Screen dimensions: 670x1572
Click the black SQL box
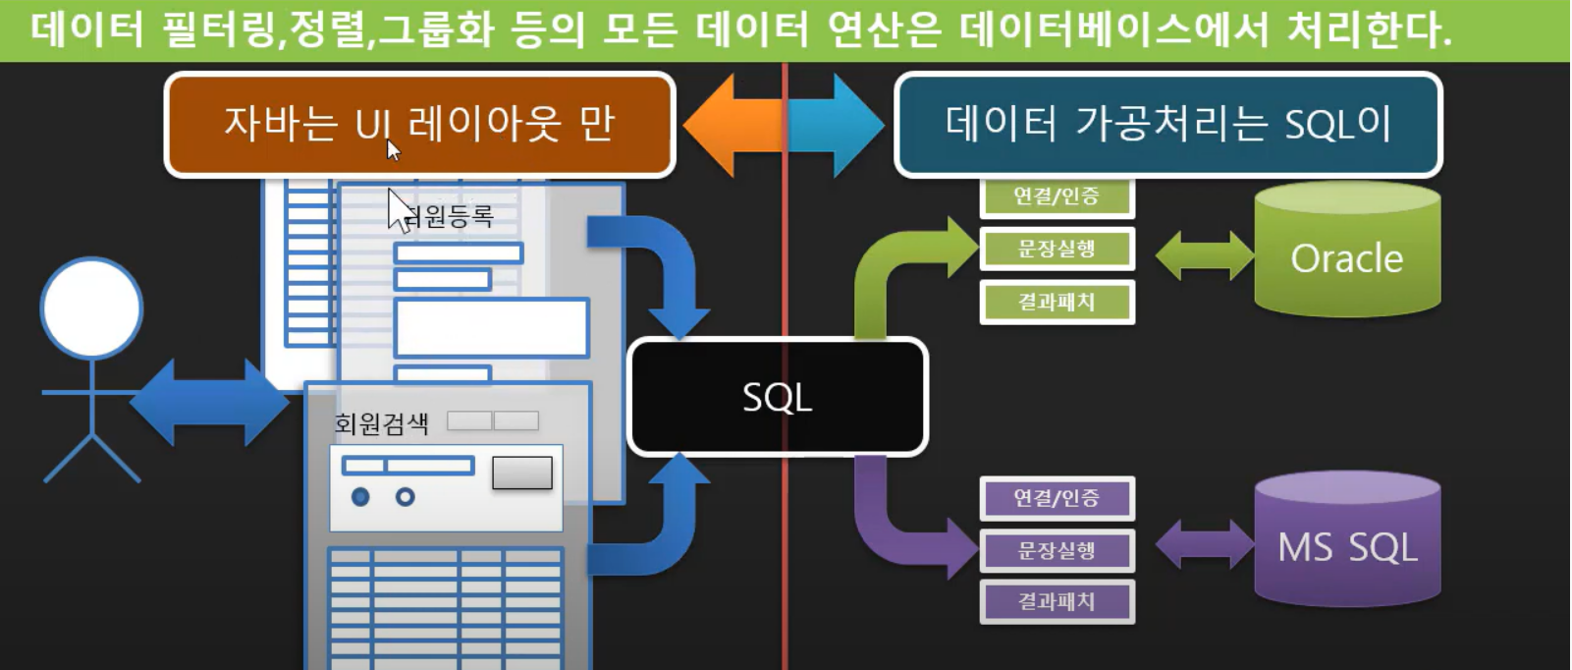click(777, 397)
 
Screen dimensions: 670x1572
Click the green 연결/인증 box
click(1057, 196)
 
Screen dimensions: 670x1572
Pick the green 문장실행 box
click(1057, 249)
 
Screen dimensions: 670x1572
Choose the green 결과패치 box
click(1057, 302)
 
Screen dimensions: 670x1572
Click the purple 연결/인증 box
click(1057, 498)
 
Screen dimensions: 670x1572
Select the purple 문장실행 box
click(1057, 550)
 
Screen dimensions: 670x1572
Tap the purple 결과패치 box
click(1057, 601)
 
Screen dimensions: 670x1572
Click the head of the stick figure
click(91, 307)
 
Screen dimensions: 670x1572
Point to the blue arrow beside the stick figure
click(209, 403)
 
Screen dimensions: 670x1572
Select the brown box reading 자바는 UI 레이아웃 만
click(419, 125)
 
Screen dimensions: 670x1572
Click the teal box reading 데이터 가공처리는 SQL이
click(1167, 125)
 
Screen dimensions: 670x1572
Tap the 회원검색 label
click(381, 423)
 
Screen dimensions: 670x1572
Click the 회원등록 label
click(450, 216)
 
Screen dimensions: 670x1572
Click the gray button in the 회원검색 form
click(521, 473)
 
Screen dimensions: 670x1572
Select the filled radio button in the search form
click(360, 497)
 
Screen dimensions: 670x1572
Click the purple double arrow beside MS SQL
click(1204, 544)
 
